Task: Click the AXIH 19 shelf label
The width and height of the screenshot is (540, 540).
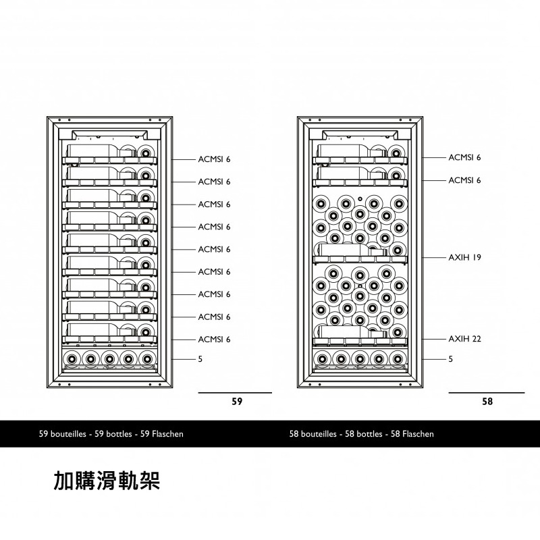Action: pos(464,257)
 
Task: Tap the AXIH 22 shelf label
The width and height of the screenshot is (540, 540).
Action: pos(464,339)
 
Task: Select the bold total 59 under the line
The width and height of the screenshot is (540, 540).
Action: pos(237,402)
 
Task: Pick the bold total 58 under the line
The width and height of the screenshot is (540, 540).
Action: pos(487,402)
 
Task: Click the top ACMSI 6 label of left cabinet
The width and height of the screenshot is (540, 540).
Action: pos(214,159)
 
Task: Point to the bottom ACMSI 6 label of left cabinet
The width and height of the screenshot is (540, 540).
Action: pos(214,340)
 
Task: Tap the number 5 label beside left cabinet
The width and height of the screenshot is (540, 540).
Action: pos(200,359)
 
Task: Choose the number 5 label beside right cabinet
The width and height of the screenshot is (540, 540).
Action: pos(450,359)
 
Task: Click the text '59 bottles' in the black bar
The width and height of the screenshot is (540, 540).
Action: pos(113,434)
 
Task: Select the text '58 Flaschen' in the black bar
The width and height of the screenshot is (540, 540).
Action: pos(412,434)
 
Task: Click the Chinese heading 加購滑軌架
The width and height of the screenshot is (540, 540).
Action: pos(107,481)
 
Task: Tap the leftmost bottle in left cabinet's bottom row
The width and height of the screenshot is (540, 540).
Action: pos(72,359)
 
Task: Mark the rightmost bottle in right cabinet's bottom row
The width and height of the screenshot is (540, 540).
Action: pos(398,359)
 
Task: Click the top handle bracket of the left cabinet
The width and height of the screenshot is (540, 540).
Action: pos(109,134)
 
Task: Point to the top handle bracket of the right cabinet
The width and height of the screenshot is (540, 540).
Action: pos(360,134)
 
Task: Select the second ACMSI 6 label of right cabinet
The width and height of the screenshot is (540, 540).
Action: pos(464,180)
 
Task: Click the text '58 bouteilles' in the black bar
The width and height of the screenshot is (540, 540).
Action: pos(313,434)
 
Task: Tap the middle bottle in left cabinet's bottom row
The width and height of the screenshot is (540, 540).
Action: pos(109,359)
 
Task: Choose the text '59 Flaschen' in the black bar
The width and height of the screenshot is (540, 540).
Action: pos(162,434)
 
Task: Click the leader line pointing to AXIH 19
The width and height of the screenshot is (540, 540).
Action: pos(434,258)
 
